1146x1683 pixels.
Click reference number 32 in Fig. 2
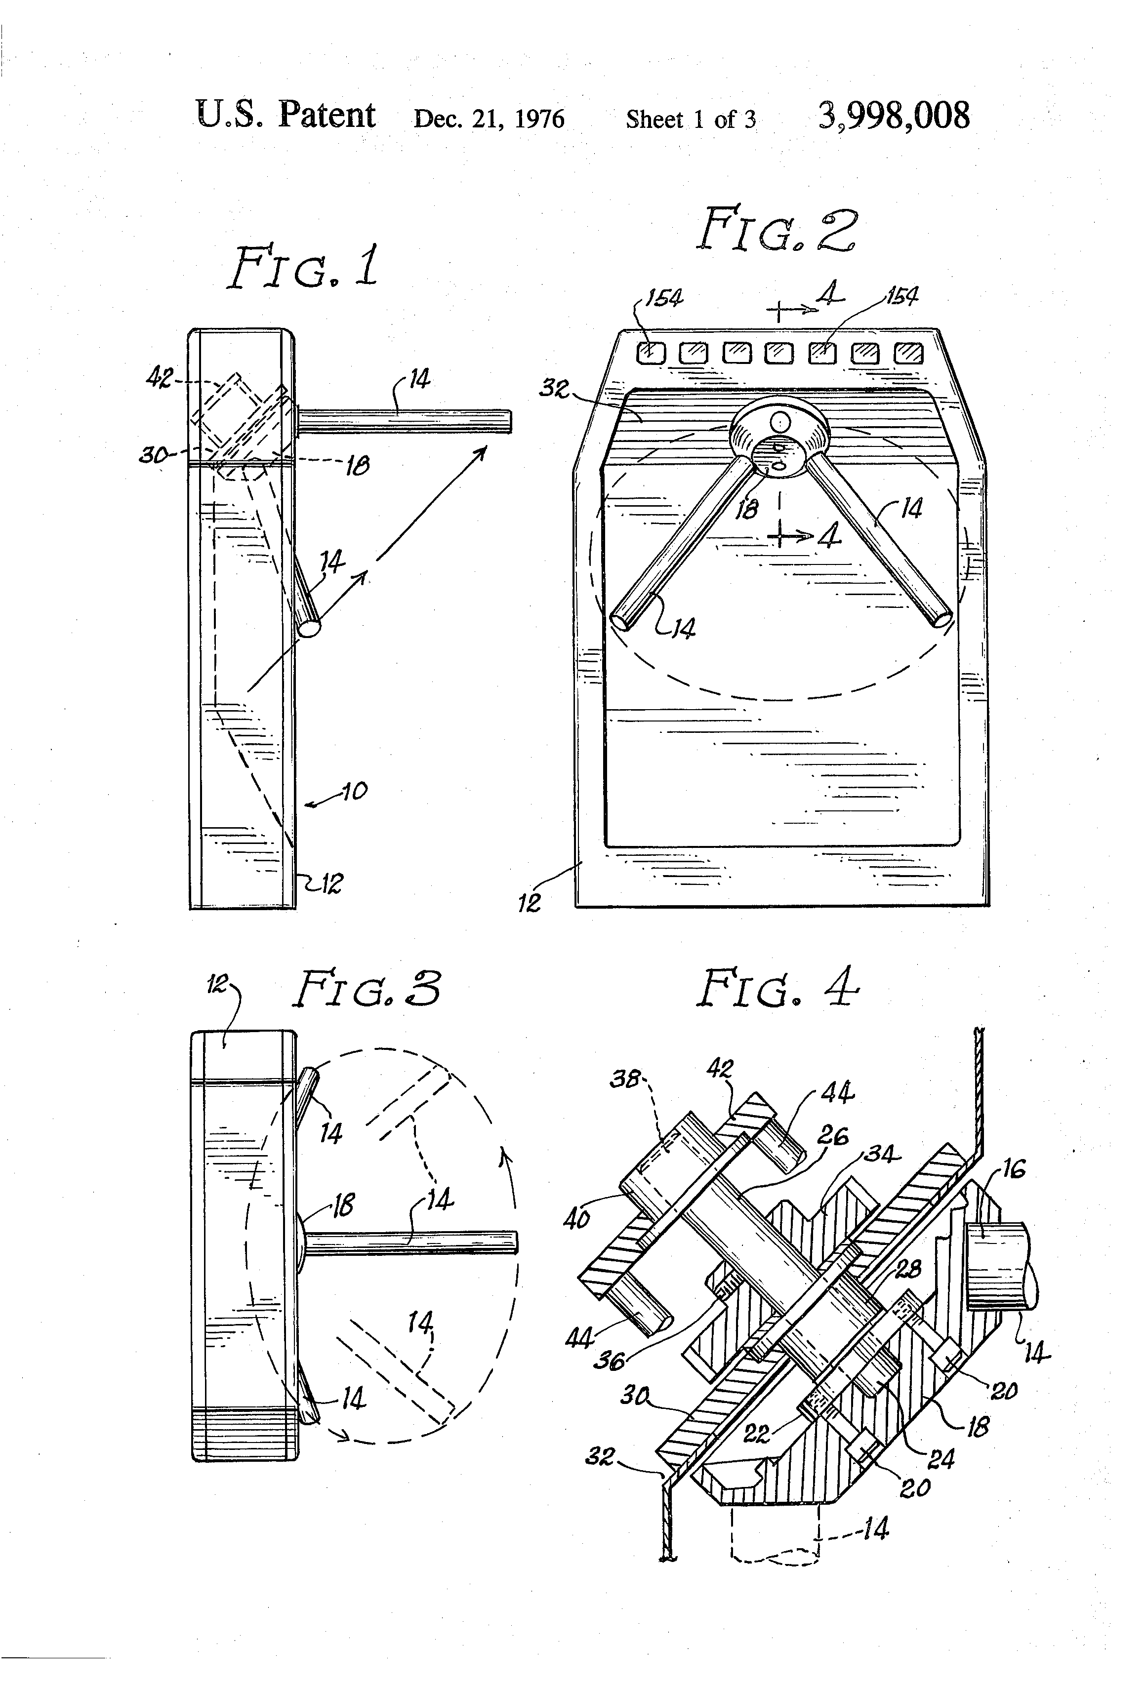555,389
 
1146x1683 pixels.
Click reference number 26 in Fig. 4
833,1135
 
